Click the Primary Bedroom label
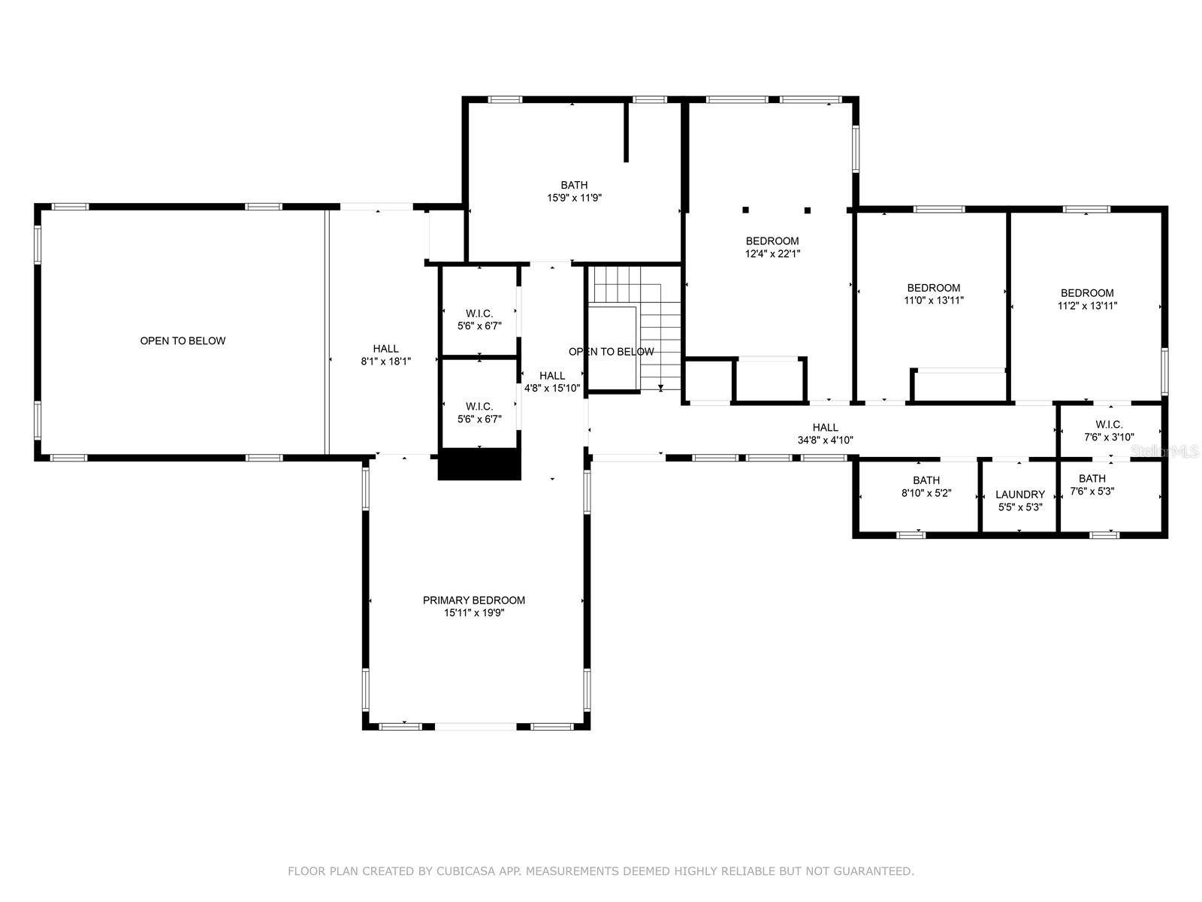click(x=474, y=601)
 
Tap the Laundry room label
click(x=1019, y=495)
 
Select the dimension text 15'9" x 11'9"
click(x=574, y=198)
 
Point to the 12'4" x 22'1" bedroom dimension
click(x=772, y=253)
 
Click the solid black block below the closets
click(x=479, y=465)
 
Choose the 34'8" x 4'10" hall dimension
click(x=825, y=440)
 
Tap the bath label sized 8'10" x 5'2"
click(x=926, y=480)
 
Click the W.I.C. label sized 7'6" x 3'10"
click(x=1109, y=425)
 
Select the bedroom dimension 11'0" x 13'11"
click(x=933, y=300)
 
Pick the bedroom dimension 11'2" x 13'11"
click(x=1086, y=306)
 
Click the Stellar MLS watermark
click(x=1164, y=451)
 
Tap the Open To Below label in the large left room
click(x=183, y=341)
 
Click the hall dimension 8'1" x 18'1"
click(x=385, y=362)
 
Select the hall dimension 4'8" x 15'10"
click(x=551, y=389)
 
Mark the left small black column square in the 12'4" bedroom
click(x=745, y=210)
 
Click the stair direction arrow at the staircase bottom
click(x=661, y=388)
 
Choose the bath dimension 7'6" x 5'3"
click(x=1092, y=492)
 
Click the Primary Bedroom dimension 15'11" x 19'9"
click(x=474, y=613)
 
